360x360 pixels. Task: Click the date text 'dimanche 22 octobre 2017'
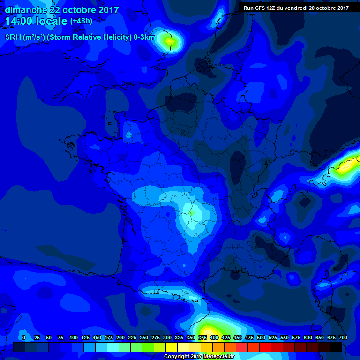62,10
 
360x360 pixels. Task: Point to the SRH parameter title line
80,37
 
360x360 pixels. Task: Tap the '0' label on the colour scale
23,337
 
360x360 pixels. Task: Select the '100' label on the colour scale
73,337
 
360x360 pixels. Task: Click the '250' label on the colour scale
143,337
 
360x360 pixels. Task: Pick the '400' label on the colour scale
214,337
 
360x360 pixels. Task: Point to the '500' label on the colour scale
261,337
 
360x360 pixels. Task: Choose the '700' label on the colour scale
343,337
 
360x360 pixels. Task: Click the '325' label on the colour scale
179,337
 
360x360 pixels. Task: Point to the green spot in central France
191,213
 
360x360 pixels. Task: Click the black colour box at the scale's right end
335,347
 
